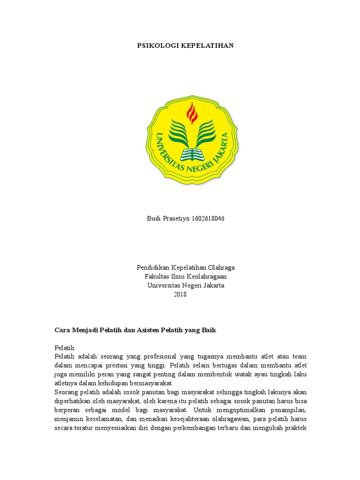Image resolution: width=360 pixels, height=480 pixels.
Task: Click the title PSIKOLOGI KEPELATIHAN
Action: pos(185,46)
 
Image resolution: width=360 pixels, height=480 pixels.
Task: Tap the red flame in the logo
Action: pos(192,112)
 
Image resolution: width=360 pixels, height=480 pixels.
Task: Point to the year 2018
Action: pos(180,294)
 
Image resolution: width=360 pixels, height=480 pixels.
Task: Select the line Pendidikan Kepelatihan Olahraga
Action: pos(186,268)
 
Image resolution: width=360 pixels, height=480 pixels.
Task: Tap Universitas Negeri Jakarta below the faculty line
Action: pos(186,285)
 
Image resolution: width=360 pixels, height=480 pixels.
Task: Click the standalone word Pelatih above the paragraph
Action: pos(64,348)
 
